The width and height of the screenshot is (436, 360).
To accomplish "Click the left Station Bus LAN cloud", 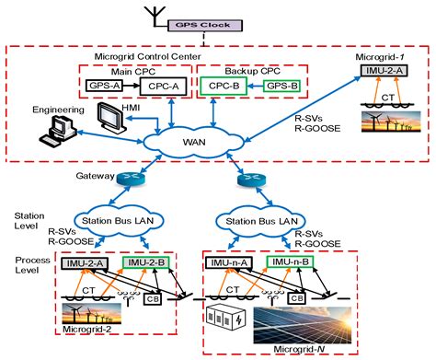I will coord(124,221).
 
